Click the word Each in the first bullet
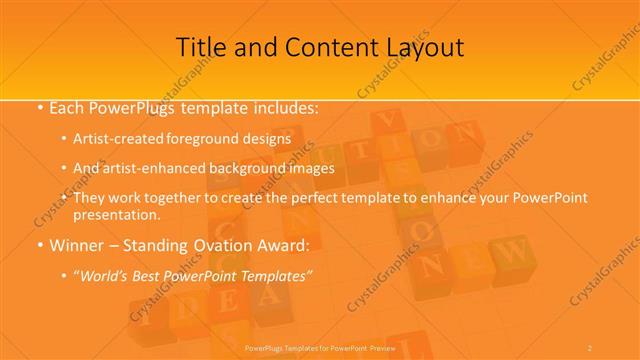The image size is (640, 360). [66, 106]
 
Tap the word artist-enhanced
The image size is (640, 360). [149, 168]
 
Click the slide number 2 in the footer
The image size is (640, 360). [590, 347]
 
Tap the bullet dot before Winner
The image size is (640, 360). [38, 245]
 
